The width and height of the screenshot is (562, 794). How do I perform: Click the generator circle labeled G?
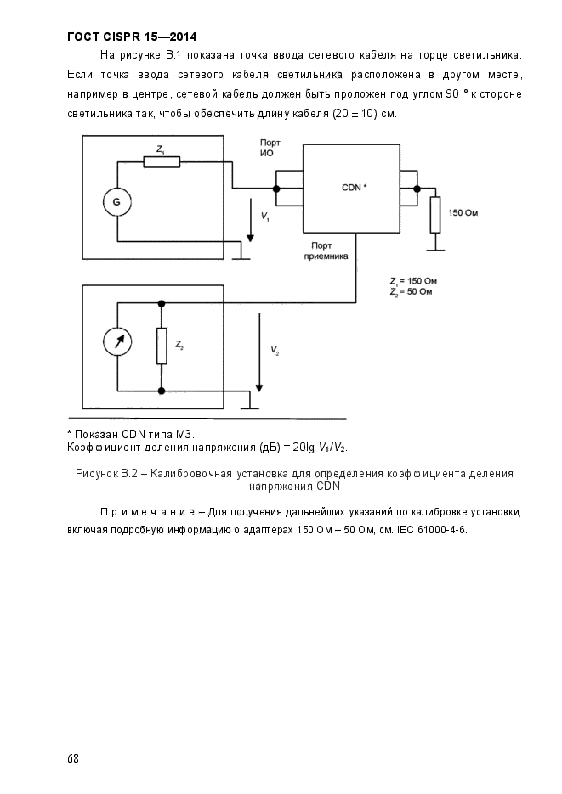(x=117, y=201)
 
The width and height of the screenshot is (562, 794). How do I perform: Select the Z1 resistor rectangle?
(x=162, y=161)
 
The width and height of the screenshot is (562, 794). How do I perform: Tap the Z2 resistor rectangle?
(x=162, y=346)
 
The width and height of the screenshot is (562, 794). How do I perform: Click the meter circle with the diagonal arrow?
(x=117, y=342)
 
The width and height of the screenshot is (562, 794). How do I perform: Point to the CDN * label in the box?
(x=353, y=187)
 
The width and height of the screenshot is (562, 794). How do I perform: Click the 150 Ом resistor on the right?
(x=435, y=214)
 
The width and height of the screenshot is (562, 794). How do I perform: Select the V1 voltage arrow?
(x=251, y=218)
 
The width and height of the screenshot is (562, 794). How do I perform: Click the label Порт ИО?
(x=270, y=148)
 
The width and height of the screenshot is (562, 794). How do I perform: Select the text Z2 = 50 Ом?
(x=412, y=291)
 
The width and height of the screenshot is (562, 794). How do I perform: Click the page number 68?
(x=73, y=757)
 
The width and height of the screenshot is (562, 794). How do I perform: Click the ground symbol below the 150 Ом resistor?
(x=435, y=248)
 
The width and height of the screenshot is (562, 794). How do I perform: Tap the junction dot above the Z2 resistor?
(x=162, y=302)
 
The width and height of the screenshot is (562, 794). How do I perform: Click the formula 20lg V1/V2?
(x=320, y=447)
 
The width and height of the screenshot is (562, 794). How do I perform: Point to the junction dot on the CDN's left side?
(x=277, y=187)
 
